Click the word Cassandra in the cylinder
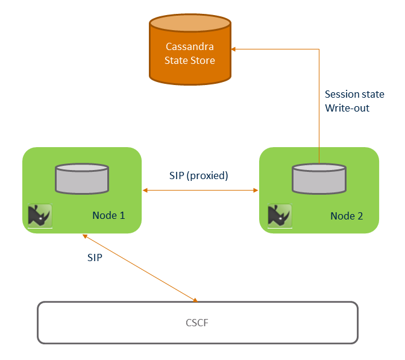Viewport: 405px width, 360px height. [x=190, y=46]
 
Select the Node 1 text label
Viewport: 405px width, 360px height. [x=108, y=215]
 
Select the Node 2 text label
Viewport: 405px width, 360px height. [x=347, y=215]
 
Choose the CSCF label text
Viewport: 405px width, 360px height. [x=198, y=323]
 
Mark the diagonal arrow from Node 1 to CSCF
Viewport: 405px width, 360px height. [x=139, y=267]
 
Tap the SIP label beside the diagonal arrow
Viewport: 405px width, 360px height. [x=95, y=257]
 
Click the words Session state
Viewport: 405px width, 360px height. [x=354, y=94]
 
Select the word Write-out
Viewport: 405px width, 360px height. [x=347, y=108]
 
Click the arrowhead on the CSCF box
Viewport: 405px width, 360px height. [x=195, y=299]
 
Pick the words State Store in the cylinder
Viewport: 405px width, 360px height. [x=190, y=60]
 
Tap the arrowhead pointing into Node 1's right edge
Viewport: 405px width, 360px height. [x=145, y=191]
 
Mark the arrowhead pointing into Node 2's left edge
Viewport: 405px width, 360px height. [x=256, y=191]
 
